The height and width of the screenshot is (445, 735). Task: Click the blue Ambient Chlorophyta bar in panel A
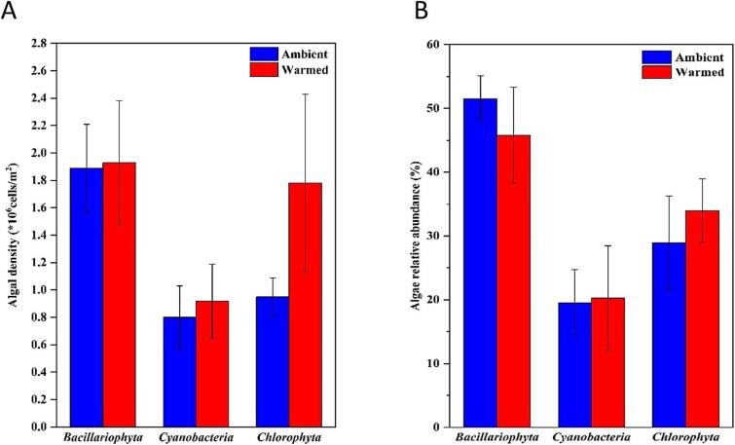(x=244, y=361)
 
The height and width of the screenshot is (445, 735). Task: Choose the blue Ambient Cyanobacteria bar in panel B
(x=575, y=364)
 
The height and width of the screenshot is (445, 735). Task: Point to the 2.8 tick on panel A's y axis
(x=38, y=45)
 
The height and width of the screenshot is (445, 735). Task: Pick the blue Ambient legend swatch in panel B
(x=656, y=56)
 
